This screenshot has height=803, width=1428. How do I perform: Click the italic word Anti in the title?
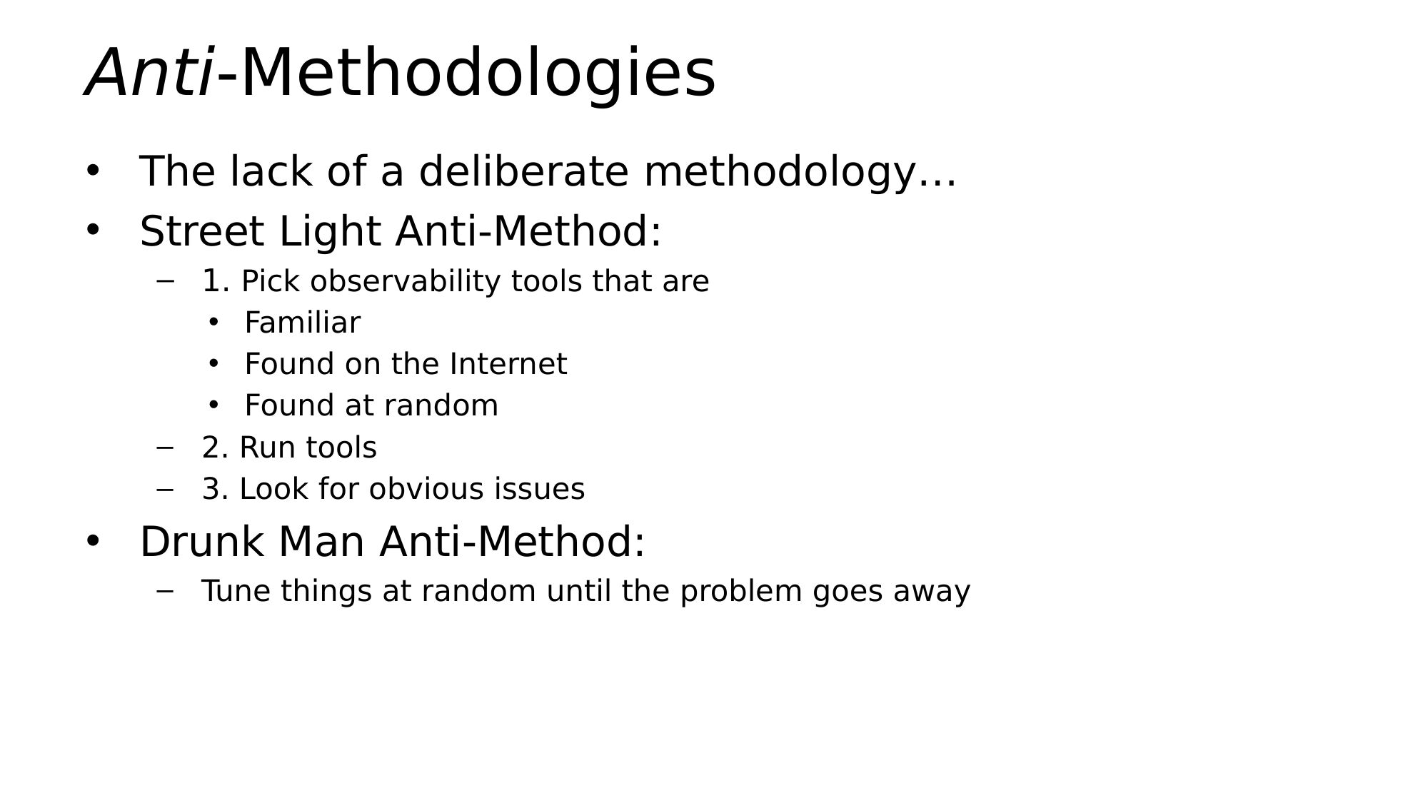click(149, 72)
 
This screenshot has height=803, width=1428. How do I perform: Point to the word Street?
click(201, 231)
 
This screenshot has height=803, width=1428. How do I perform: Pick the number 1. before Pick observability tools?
click(215, 281)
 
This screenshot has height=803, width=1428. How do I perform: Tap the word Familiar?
click(303, 323)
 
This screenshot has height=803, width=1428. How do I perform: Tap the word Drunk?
click(201, 541)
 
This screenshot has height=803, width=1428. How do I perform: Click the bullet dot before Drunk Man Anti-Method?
click(93, 542)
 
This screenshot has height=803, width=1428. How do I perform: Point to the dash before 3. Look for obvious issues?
click(165, 490)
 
